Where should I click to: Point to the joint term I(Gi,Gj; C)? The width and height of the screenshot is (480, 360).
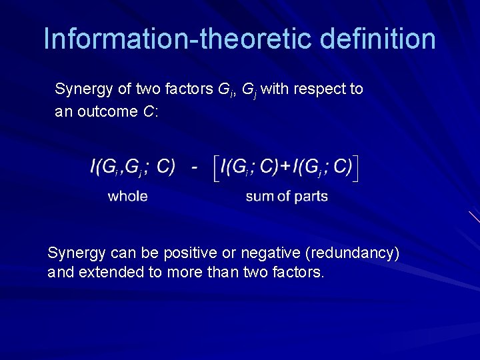pos(133,167)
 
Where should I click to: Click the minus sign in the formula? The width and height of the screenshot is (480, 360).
pos(193,167)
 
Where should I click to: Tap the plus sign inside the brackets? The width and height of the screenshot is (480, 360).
pos(285,167)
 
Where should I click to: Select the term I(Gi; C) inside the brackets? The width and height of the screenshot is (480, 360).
pos(249,167)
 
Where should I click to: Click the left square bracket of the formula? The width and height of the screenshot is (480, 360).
pos(215,167)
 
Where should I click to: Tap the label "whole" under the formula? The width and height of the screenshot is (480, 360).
pos(127,196)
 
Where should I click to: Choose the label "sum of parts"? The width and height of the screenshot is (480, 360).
pos(287,196)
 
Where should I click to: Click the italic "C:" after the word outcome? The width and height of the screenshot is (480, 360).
pos(150,111)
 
